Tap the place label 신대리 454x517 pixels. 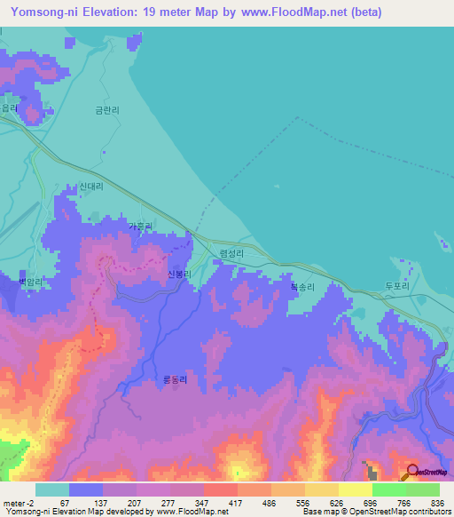coord(91,187)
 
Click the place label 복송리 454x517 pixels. coord(303,287)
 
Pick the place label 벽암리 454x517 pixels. coord(31,282)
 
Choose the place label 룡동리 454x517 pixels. coord(174,379)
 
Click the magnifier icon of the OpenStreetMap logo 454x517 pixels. coord(411,472)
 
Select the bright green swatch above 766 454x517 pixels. coord(388,489)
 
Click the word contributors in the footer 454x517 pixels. coord(428,513)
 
